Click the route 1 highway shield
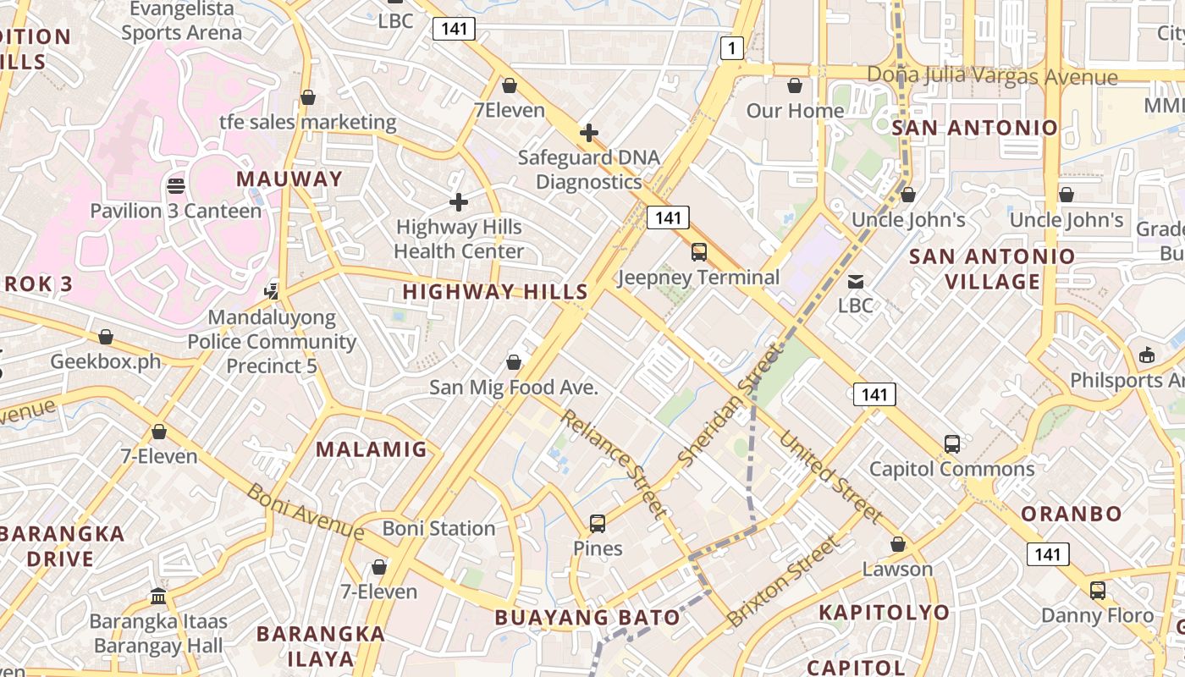(x=731, y=48)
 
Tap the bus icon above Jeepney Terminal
(x=698, y=251)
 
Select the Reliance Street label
(x=614, y=461)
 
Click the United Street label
(x=830, y=477)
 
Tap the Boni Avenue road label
(x=306, y=510)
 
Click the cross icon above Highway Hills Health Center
(x=458, y=202)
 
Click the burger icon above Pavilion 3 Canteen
(x=176, y=185)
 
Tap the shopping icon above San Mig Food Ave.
(x=513, y=363)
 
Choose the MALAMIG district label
(x=372, y=449)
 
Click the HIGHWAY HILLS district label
(x=495, y=292)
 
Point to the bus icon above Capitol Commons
(x=951, y=443)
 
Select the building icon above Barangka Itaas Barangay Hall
(x=158, y=596)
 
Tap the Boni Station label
(x=438, y=528)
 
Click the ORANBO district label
(x=1071, y=514)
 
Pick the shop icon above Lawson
(x=897, y=544)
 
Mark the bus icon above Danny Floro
(x=1097, y=590)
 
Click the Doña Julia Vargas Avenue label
(x=992, y=76)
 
